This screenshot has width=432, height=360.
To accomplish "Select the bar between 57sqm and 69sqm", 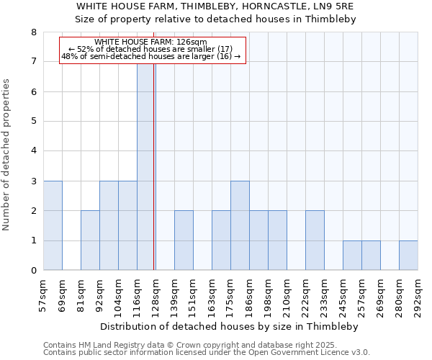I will pyautogui.click(x=53, y=225).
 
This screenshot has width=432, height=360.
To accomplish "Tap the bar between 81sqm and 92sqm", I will pyautogui.click(x=90, y=240).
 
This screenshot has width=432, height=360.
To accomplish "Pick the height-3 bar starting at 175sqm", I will pyautogui.click(x=240, y=225).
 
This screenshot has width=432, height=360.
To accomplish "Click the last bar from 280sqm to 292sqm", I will pyautogui.click(x=408, y=256).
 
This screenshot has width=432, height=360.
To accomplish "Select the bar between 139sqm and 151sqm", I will pyautogui.click(x=184, y=240).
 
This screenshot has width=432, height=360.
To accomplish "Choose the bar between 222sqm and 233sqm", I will pyautogui.click(x=315, y=240).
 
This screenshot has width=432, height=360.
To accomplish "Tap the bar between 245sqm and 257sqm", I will pyautogui.click(x=352, y=256).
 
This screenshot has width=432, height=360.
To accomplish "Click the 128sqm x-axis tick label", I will pyautogui.click(x=156, y=294).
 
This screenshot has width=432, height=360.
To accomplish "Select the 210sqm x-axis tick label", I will pyautogui.click(x=287, y=294).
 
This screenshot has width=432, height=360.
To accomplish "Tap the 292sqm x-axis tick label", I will pyautogui.click(x=418, y=294).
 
